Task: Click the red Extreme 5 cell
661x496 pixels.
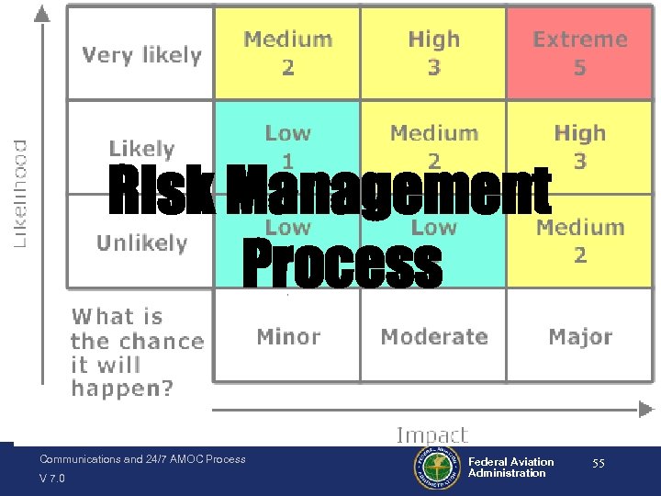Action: [579, 53]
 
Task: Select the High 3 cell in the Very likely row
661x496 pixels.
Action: [433, 53]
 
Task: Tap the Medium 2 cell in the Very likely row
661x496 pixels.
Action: [287, 53]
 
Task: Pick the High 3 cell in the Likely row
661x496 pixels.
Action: [579, 147]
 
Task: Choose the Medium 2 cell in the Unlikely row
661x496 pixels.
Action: [579, 241]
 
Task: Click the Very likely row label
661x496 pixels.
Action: [141, 55]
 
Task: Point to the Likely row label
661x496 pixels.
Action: [141, 149]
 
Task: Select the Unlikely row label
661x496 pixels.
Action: [141, 243]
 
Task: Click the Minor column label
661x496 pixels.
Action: [288, 337]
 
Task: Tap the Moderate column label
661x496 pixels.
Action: [433, 337]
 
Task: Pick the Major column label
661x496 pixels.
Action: [579, 337]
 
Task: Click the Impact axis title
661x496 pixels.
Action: [431, 434]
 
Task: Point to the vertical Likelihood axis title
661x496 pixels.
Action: [19, 193]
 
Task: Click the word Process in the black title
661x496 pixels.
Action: [342, 265]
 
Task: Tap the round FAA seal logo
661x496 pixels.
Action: [437, 468]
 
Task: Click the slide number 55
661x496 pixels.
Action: [598, 464]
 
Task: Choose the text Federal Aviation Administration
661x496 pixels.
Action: [510, 468]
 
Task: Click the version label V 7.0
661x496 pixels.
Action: [52, 479]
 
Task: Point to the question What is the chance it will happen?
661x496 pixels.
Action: [136, 353]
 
